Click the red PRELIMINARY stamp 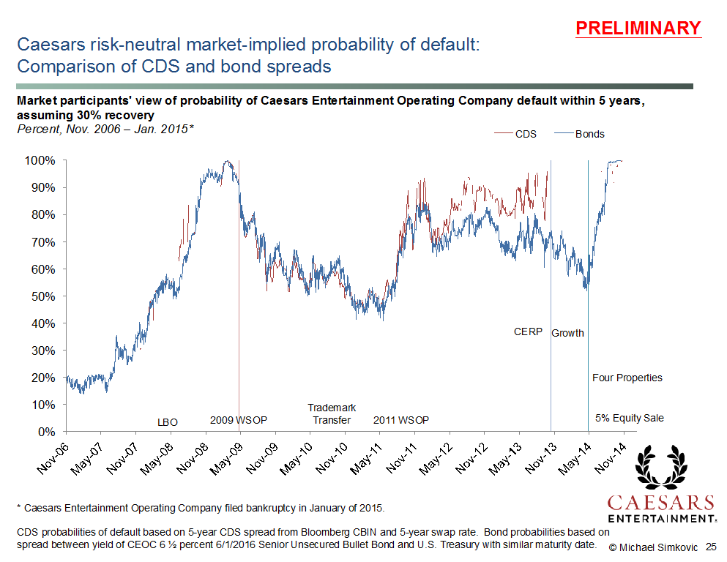pos(638,29)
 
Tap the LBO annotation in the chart pos(168,421)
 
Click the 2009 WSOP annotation pos(239,420)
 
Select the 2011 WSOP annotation pos(401,420)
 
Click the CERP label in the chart pos(528,331)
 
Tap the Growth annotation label pos(567,333)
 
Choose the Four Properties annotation pos(627,378)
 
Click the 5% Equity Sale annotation pos(629,418)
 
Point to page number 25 pos(711,547)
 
